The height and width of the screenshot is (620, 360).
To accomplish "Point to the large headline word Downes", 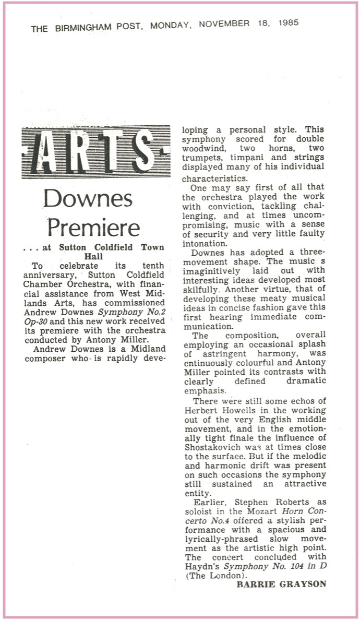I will (x=88, y=198).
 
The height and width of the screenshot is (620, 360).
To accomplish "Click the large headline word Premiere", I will (x=94, y=228).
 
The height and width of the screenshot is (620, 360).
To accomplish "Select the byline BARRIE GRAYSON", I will (x=282, y=585).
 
